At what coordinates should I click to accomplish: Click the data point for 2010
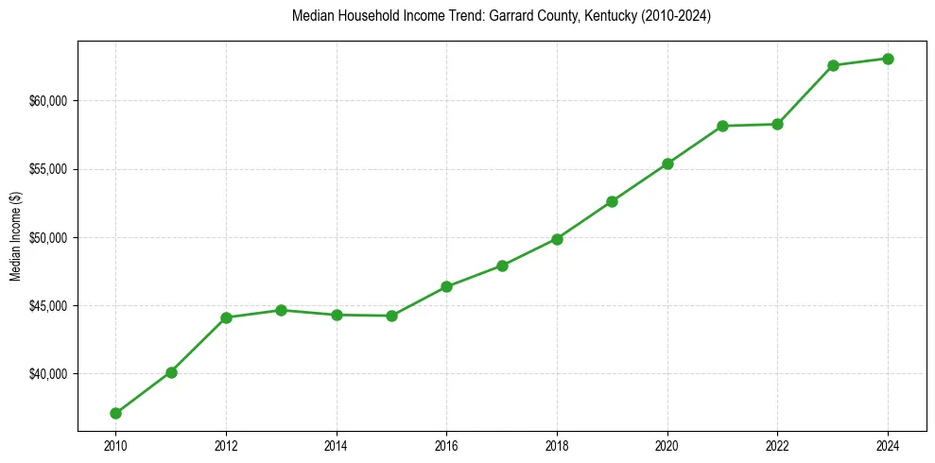[x=115, y=413]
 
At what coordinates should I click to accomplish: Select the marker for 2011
[x=171, y=372]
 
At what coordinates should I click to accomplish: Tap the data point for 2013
[x=281, y=310]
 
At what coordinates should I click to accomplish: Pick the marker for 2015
[x=391, y=316]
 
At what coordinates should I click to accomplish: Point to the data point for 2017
[x=502, y=266]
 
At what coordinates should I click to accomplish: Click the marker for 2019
[x=612, y=201]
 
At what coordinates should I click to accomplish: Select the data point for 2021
[x=722, y=126]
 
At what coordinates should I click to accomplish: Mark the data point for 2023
[x=833, y=65]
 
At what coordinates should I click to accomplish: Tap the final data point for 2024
[x=888, y=59]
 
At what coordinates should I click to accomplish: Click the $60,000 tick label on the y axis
[x=48, y=101]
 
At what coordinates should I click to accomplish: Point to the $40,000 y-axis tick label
[x=48, y=374]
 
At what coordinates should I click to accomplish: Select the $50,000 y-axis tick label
[x=48, y=237]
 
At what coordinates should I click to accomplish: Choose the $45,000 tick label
[x=48, y=306]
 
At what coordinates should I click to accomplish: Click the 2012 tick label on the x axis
[x=226, y=444]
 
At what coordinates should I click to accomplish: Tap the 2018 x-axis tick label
[x=557, y=444]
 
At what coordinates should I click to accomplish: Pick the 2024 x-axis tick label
[x=888, y=444]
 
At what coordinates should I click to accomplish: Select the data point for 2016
[x=446, y=286]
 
